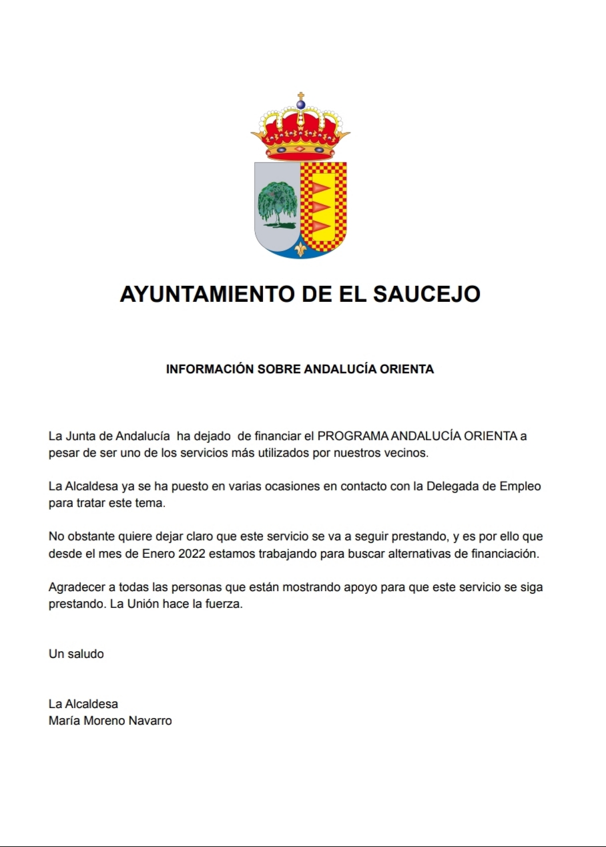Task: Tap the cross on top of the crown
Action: (x=300, y=96)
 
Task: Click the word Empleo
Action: (x=520, y=486)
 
